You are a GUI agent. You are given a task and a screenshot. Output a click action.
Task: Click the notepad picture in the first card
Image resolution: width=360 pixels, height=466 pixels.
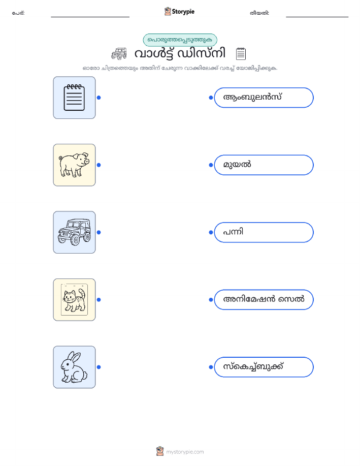[x=74, y=98]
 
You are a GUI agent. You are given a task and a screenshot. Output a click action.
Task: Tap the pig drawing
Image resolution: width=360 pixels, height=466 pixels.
[x=74, y=165]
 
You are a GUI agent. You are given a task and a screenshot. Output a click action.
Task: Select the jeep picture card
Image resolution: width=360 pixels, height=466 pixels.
[x=74, y=232]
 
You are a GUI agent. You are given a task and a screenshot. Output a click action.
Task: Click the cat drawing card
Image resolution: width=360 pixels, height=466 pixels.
[x=74, y=300]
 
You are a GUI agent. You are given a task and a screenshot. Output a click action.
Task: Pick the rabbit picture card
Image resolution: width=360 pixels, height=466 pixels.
[x=74, y=367]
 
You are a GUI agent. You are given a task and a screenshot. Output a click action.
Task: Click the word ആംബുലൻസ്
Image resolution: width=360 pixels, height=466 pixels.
[x=252, y=97]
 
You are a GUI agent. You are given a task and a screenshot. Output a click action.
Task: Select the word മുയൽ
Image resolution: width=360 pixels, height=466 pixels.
[x=237, y=164]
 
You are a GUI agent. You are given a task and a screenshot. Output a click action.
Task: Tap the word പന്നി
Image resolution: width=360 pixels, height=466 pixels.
[x=233, y=232]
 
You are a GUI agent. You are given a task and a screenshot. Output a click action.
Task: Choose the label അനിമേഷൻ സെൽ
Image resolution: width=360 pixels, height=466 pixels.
[x=264, y=299]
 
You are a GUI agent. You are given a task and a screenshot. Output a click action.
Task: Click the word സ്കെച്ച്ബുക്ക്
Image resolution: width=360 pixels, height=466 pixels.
[x=253, y=366]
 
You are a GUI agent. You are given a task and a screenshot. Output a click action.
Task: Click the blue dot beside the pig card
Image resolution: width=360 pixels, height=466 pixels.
[x=99, y=165]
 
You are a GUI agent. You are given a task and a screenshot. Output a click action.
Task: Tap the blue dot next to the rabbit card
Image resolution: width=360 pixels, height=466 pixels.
[x=99, y=367]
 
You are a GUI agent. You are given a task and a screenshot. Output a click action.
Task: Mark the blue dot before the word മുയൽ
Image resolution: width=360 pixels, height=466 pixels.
[x=211, y=165]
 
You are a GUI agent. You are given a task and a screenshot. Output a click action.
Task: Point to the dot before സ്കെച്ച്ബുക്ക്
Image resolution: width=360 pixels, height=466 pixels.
[x=211, y=367]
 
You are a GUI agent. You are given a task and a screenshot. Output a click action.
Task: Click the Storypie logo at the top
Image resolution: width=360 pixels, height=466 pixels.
[x=179, y=12]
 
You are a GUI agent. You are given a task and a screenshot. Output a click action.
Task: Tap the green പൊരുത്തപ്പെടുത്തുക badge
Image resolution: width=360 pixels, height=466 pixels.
[x=180, y=40]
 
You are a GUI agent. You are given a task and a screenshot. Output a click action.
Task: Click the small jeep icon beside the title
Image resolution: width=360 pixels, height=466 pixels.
[x=119, y=54]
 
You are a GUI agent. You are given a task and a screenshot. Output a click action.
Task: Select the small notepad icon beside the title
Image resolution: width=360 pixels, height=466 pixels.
[x=241, y=53]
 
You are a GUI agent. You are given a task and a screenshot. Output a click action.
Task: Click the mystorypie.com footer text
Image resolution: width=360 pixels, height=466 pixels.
[x=185, y=452]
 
